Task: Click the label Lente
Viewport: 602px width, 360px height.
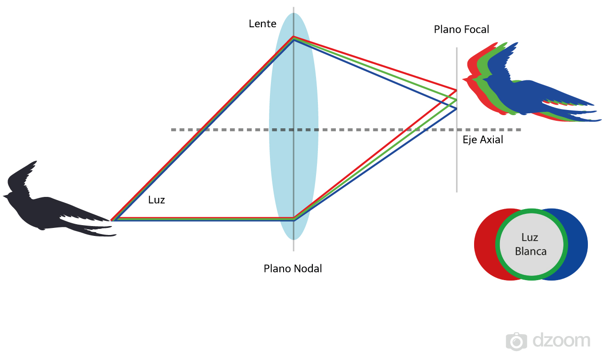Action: [x=262, y=23]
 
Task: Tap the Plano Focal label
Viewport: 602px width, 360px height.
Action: [x=461, y=30]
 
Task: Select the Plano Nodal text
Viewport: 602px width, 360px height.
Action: [x=293, y=269]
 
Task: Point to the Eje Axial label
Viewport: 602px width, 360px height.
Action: [x=483, y=140]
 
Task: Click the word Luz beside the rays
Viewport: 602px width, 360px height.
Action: [x=156, y=200]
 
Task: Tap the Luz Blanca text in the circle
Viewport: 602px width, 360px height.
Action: [x=531, y=244]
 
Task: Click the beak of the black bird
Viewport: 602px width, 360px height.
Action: [x=5, y=195]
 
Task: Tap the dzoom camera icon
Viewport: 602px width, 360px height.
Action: [x=516, y=341]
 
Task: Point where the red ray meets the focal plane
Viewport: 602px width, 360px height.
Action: [x=456, y=89]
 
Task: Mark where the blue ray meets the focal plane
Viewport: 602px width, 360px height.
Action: [x=456, y=109]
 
